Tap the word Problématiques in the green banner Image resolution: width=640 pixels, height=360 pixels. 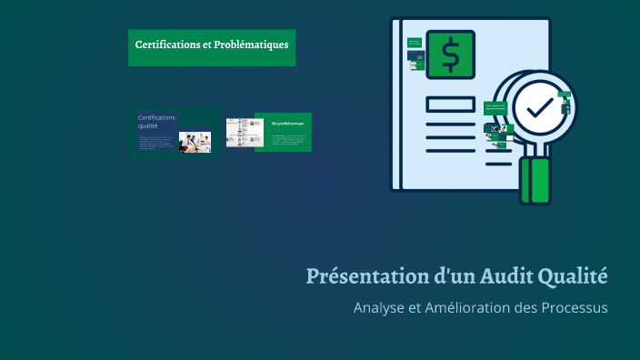pyautogui.click(x=252, y=44)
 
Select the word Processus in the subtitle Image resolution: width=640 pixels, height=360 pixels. pyautogui.click(x=570, y=307)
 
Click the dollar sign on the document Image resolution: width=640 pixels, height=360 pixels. pyautogui.click(x=450, y=55)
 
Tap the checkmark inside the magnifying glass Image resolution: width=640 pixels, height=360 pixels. pyautogui.click(x=540, y=107)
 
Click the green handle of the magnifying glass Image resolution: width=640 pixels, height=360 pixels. pyautogui.click(x=535, y=180)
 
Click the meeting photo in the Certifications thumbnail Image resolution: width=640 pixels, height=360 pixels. pyautogui.click(x=195, y=141)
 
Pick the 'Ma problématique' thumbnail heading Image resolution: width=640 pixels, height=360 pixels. pyautogui.click(x=288, y=123)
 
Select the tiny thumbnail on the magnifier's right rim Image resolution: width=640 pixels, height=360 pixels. pyautogui.click(x=566, y=108)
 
